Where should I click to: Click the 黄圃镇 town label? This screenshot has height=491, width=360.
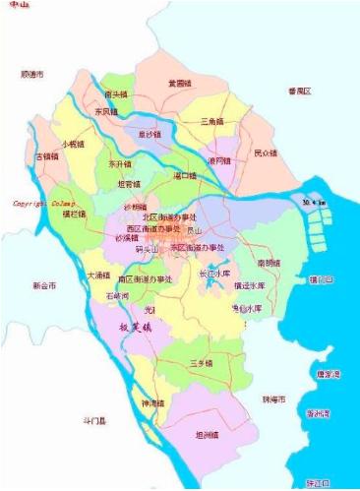(180, 84)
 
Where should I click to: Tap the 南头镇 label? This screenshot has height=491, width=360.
(116, 94)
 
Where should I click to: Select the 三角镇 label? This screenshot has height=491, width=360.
(213, 122)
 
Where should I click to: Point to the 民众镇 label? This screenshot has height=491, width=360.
(266, 153)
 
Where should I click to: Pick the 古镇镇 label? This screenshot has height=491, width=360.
(48, 156)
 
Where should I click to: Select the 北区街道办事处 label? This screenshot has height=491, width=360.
(170, 217)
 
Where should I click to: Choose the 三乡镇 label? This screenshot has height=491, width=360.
(202, 363)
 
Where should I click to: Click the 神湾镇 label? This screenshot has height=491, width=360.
(154, 403)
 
